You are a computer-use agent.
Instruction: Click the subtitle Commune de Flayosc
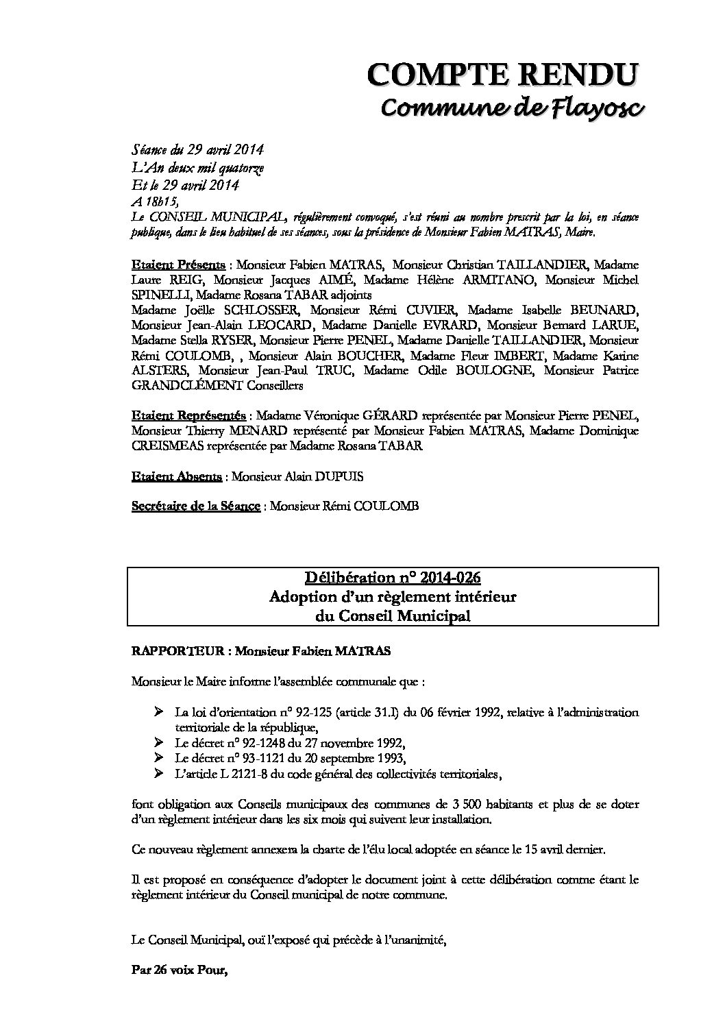[511, 108]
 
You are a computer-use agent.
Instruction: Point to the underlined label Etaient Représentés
[189, 416]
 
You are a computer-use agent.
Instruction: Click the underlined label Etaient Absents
[176, 476]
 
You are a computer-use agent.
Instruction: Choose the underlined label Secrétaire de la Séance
[195, 506]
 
